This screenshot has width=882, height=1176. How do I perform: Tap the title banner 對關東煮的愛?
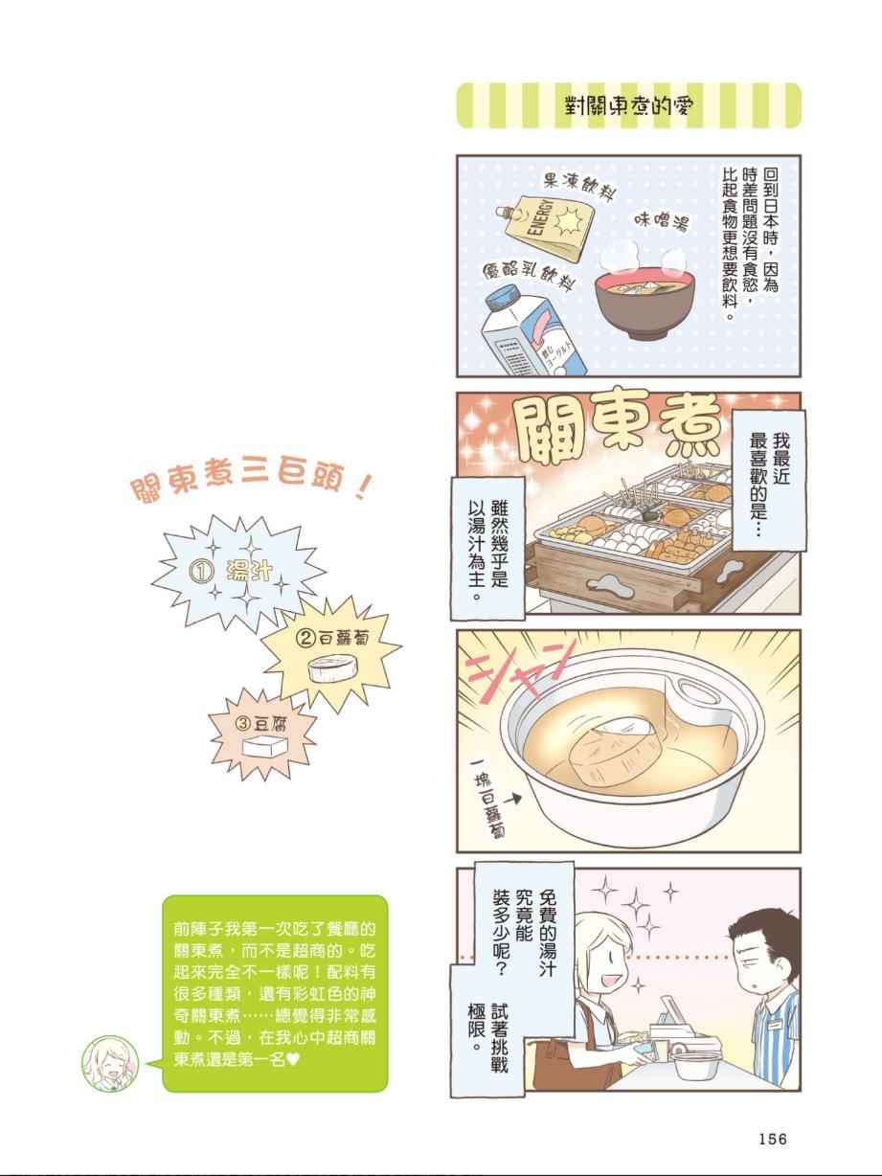tap(628, 105)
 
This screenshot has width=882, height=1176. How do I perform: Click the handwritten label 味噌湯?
tap(661, 222)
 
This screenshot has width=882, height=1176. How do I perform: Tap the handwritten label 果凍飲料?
tap(578, 188)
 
